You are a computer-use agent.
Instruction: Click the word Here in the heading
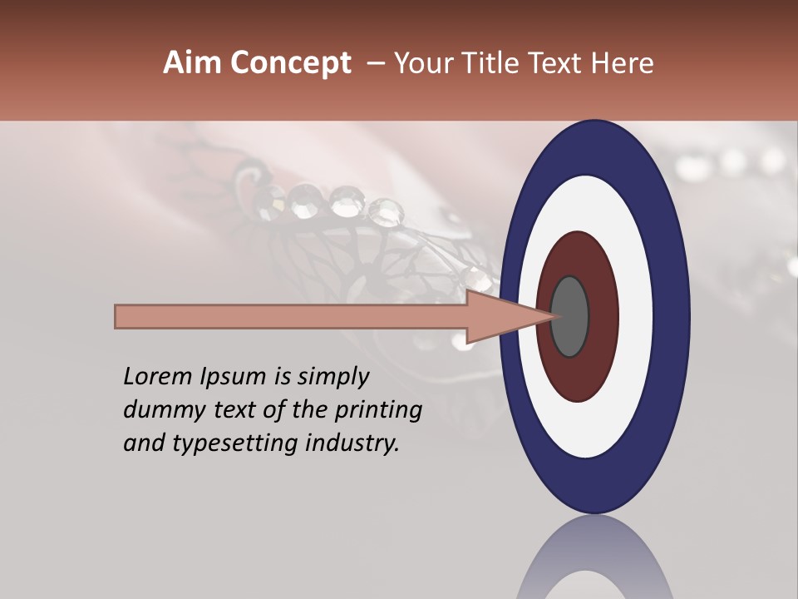[x=623, y=63]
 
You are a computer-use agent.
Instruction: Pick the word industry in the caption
[x=353, y=443]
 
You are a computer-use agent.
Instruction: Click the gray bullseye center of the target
[x=569, y=317]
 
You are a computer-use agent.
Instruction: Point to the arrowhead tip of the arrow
[x=553, y=317]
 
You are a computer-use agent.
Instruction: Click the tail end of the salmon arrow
[x=117, y=317]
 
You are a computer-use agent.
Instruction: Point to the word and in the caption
[x=143, y=443]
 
